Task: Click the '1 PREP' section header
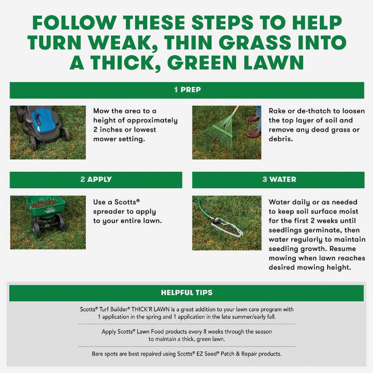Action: click(187, 90)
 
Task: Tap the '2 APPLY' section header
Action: click(96, 180)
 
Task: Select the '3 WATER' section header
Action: click(279, 180)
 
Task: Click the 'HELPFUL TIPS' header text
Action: click(187, 293)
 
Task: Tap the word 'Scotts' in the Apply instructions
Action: click(125, 202)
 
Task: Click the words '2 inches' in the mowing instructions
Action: click(109, 130)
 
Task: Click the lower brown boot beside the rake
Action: click(253, 134)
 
